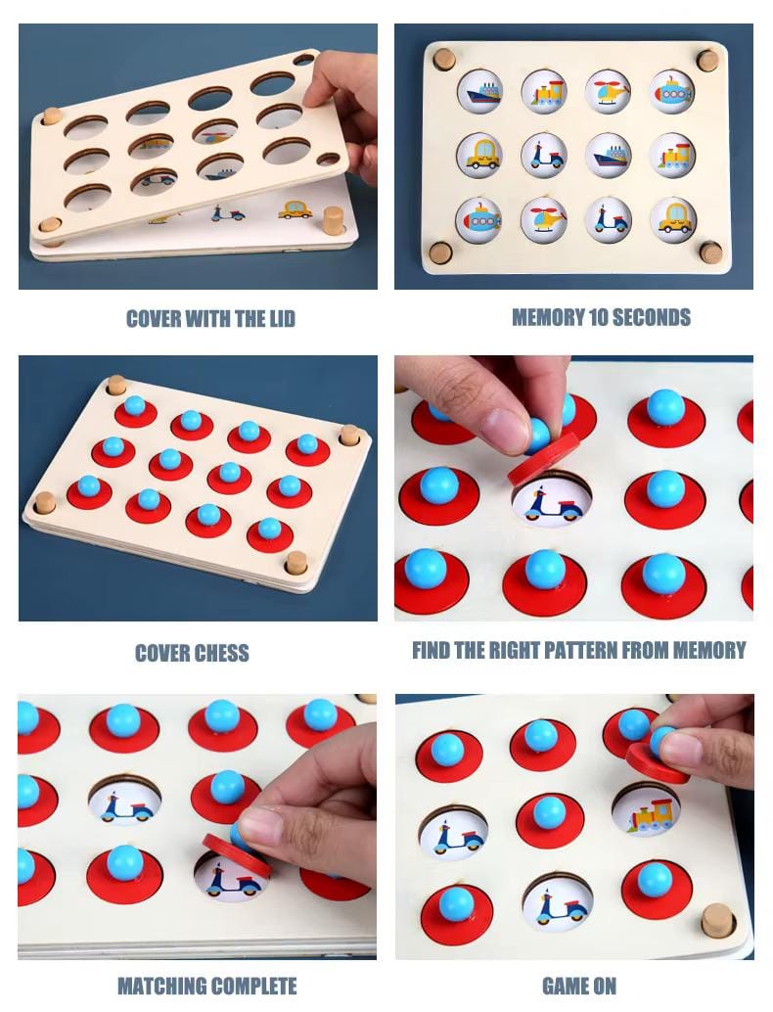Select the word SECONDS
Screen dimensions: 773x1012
click(x=651, y=317)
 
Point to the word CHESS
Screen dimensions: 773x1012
click(x=220, y=653)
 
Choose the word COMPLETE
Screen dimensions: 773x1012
click(x=253, y=986)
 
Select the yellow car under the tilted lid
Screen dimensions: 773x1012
click(x=296, y=209)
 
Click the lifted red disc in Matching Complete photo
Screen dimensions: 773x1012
click(x=237, y=854)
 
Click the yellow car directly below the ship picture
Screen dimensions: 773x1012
click(x=479, y=154)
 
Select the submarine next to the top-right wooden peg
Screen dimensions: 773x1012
click(x=671, y=90)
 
